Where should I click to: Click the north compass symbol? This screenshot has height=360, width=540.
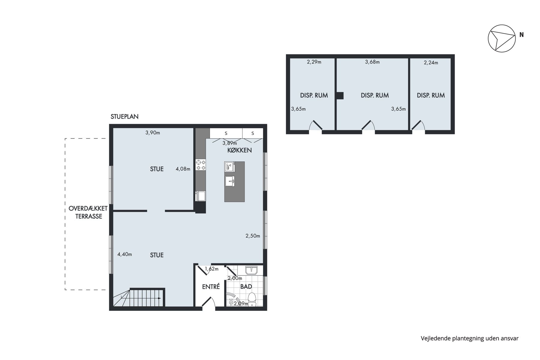click(502, 38)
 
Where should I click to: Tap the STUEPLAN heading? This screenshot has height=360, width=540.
click(124, 117)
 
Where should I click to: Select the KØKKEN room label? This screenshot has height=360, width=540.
click(239, 150)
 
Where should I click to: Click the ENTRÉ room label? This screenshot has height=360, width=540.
click(211, 286)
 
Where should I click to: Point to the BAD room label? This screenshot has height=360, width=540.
click(246, 286)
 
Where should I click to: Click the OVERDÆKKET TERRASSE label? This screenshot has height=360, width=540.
click(88, 212)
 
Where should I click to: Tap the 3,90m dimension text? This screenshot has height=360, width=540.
click(153, 133)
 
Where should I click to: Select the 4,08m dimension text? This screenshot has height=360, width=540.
click(183, 169)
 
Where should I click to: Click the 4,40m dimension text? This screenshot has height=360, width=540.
click(124, 254)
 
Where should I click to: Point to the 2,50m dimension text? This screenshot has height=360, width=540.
click(253, 236)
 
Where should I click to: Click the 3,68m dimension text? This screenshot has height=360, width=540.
click(372, 62)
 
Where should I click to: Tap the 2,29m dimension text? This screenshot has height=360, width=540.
click(314, 62)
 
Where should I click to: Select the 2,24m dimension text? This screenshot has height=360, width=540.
click(431, 63)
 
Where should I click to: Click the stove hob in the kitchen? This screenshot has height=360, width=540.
click(201, 165)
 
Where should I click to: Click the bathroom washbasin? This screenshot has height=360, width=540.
click(251, 270)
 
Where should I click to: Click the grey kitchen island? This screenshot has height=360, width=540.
click(234, 181)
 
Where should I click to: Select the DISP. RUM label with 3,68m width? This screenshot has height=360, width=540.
click(375, 95)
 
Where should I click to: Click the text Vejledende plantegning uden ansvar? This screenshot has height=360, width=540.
click(469, 338)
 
